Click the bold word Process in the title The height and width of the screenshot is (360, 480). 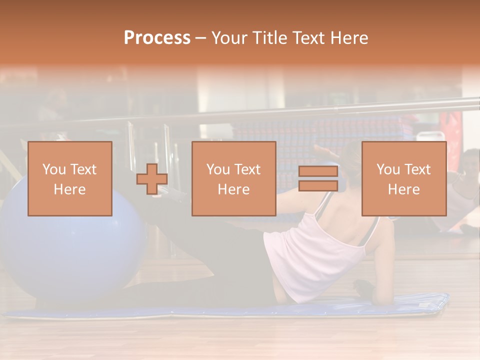point(157,38)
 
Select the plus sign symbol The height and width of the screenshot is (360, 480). point(152,179)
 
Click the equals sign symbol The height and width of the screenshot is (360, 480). point(318,179)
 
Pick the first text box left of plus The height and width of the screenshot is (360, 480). point(70,179)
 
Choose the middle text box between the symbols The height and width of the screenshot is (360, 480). point(234,179)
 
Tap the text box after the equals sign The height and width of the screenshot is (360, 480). point(404,179)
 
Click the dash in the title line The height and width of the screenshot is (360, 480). point(201,38)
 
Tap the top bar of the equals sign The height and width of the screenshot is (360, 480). point(318,171)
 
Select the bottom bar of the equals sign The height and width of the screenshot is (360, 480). point(318,186)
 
